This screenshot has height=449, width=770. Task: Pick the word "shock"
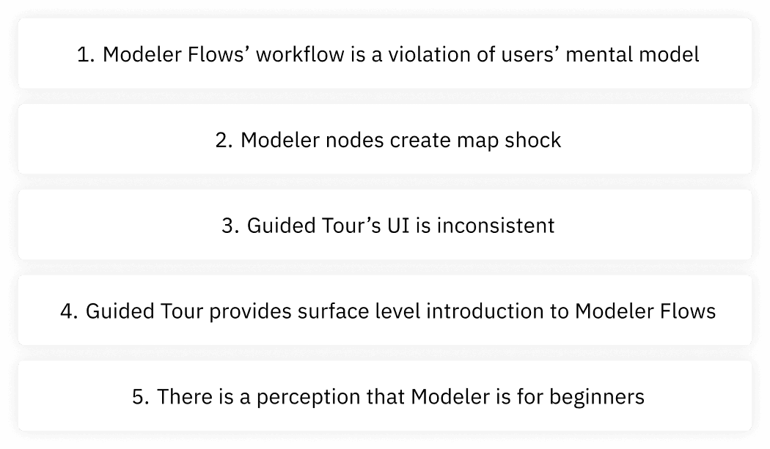(x=532, y=140)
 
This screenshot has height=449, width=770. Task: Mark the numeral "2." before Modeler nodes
(x=224, y=140)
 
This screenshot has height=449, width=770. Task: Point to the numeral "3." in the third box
(x=230, y=226)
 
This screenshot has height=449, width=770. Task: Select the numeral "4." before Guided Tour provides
(x=70, y=311)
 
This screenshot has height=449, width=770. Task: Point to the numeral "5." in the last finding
(x=142, y=397)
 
